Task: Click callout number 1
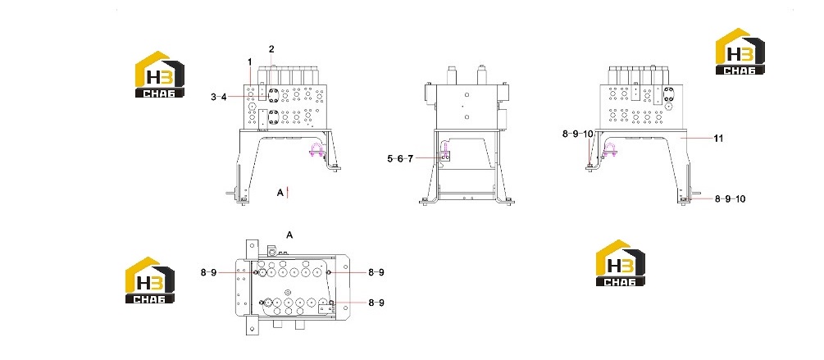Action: (x=249, y=62)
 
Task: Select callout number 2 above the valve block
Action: (x=271, y=49)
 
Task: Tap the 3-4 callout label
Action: (x=219, y=97)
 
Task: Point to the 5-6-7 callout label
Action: (x=400, y=158)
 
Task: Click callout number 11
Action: (x=718, y=139)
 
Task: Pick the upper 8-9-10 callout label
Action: (x=577, y=134)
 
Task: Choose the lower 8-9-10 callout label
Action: (x=730, y=198)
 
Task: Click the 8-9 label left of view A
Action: (x=208, y=272)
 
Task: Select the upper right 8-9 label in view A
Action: (x=376, y=272)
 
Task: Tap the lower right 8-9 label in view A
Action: (x=376, y=303)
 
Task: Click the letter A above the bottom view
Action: (x=289, y=235)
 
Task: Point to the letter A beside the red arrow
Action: (x=280, y=193)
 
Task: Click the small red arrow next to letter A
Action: (x=288, y=193)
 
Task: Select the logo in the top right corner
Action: (x=740, y=51)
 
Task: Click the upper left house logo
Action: (x=160, y=74)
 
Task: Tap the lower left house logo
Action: (x=150, y=280)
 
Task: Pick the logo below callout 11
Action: (x=620, y=262)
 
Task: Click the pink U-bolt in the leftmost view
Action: (x=317, y=151)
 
